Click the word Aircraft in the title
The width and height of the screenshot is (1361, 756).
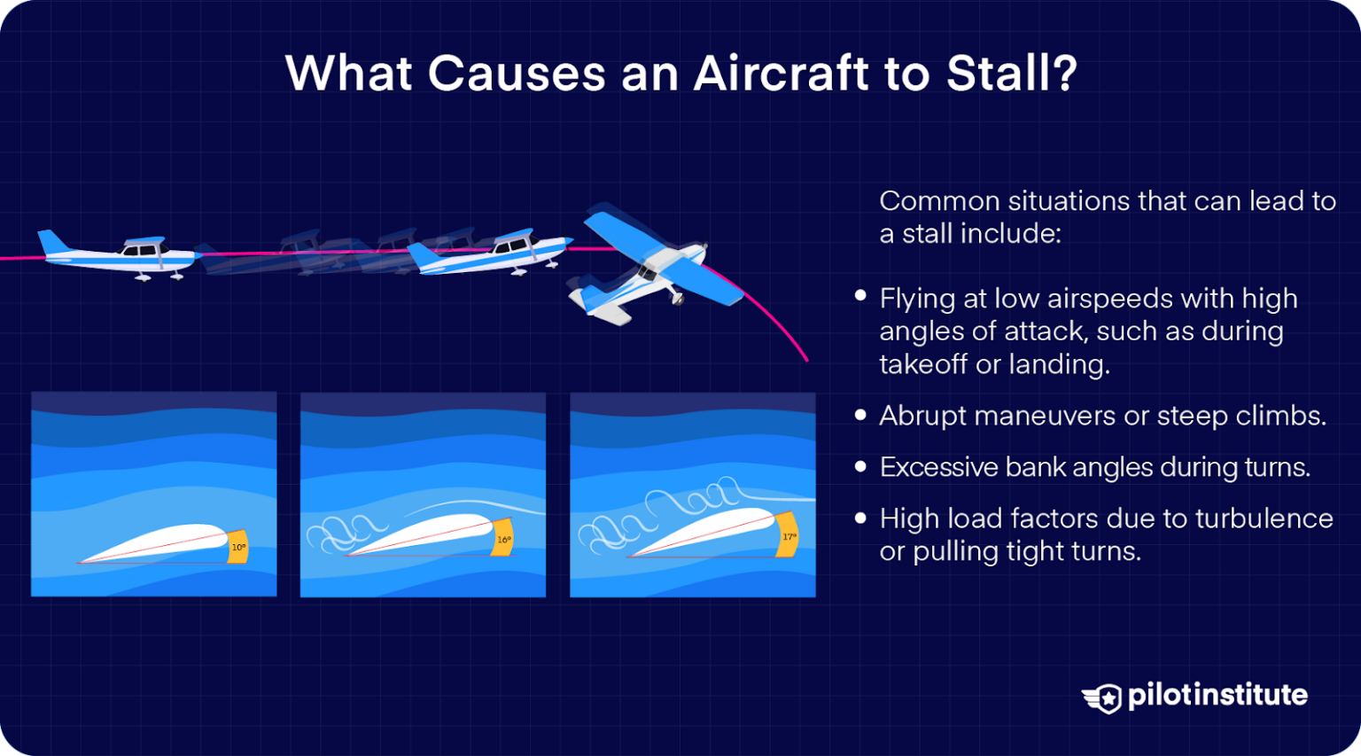pyautogui.click(x=780, y=73)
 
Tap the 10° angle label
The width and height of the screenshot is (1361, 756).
pyautogui.click(x=238, y=548)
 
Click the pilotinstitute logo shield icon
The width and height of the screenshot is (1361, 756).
pyautogui.click(x=1103, y=698)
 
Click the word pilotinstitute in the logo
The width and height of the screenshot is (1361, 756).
pyautogui.click(x=1217, y=695)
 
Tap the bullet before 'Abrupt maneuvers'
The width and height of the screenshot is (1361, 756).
pyautogui.click(x=860, y=415)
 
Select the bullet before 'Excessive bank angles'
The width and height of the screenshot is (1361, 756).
pyautogui.click(x=860, y=466)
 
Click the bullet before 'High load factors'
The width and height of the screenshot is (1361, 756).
pyautogui.click(x=860, y=518)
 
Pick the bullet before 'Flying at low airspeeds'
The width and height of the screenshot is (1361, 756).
pyautogui.click(x=860, y=297)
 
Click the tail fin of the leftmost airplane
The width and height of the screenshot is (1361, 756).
pyautogui.click(x=51, y=241)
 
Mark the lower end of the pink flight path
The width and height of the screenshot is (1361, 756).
pyautogui.click(x=805, y=359)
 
